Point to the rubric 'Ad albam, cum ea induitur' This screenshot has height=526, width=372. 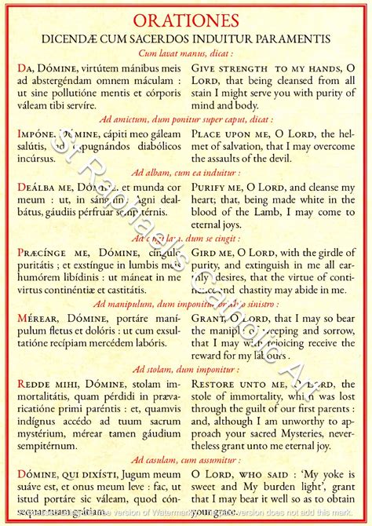point(186,171)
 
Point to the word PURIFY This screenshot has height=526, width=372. point(213,188)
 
